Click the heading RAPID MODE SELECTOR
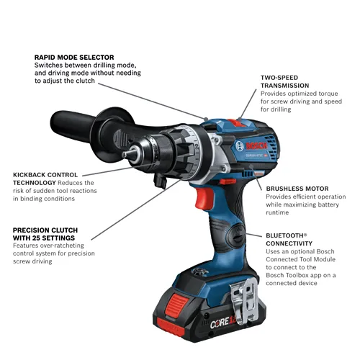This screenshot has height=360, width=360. click(x=73, y=57)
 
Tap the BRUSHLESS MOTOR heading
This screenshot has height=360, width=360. click(x=296, y=185)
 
